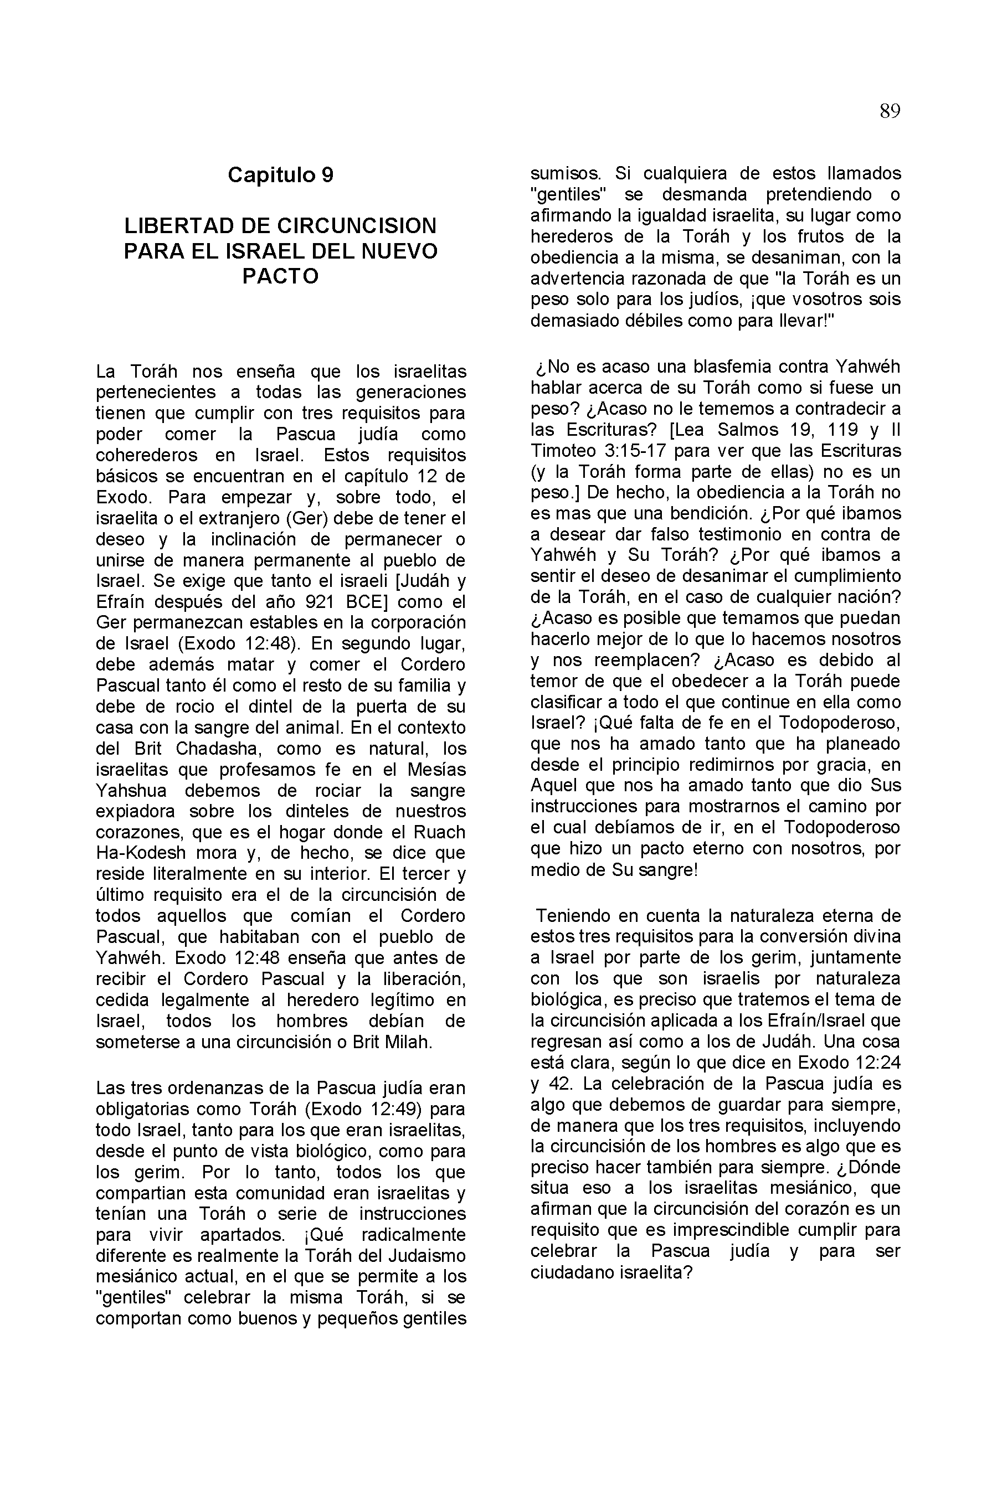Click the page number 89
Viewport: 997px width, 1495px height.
tap(890, 112)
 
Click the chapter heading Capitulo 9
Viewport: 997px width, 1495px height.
tap(280, 175)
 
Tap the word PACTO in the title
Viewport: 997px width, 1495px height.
tap(280, 276)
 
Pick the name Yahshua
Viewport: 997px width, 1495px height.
tap(131, 791)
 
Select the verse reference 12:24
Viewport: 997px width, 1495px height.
tap(877, 1063)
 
